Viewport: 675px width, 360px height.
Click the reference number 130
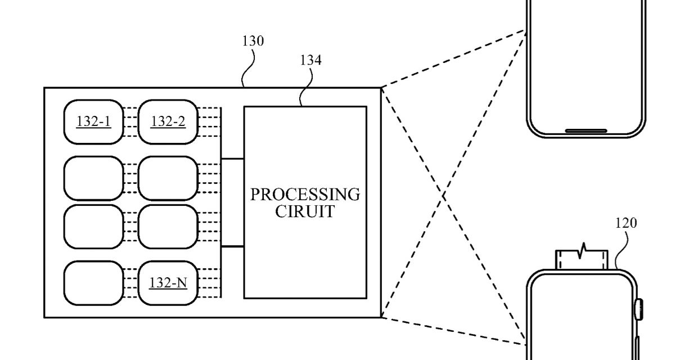(x=253, y=41)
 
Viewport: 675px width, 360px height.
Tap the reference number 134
(x=311, y=60)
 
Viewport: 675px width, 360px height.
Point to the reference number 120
(x=625, y=223)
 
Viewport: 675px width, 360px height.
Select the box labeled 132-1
(x=93, y=121)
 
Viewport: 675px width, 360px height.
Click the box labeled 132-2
(x=168, y=121)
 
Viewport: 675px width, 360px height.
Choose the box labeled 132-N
(x=168, y=283)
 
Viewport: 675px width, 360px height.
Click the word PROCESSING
(x=305, y=195)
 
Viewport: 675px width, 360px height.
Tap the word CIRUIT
(x=305, y=213)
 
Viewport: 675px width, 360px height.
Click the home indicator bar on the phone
(x=586, y=131)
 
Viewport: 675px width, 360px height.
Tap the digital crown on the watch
(x=639, y=309)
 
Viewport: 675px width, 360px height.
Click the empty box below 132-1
(x=93, y=178)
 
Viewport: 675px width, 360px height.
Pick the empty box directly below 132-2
(x=168, y=178)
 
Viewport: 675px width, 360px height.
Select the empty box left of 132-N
(x=93, y=283)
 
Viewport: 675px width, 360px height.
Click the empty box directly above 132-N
(x=168, y=227)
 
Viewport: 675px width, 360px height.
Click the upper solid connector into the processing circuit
(x=232, y=159)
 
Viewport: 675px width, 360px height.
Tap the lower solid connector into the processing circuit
(x=232, y=246)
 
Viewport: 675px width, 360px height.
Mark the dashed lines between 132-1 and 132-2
(x=130, y=121)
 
